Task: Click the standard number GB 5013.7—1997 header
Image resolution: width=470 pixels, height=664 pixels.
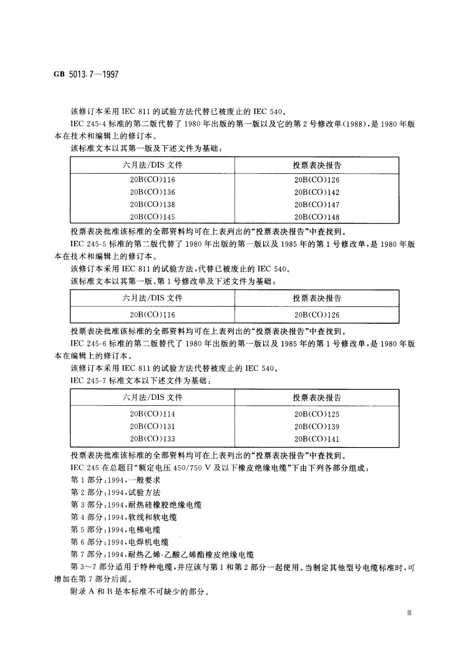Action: pyautogui.click(x=86, y=75)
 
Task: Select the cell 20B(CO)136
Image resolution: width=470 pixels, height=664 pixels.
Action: pyautogui.click(x=152, y=192)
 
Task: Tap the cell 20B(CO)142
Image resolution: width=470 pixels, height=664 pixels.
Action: pyautogui.click(x=316, y=192)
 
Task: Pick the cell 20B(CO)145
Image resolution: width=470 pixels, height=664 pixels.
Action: pyautogui.click(x=152, y=217)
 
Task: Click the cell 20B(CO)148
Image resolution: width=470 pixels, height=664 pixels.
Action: pyautogui.click(x=316, y=217)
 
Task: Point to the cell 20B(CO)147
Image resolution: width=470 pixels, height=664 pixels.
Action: pyautogui.click(x=316, y=205)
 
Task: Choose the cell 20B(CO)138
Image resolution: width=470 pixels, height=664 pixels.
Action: pyautogui.click(x=152, y=204)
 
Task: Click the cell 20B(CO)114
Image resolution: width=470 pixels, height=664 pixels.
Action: pyautogui.click(x=152, y=414)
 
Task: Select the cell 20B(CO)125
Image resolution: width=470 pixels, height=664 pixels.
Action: pyautogui.click(x=316, y=414)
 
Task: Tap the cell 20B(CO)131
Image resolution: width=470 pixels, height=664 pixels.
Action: pyautogui.click(x=152, y=426)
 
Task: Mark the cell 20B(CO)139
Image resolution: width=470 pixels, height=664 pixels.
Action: pyautogui.click(x=316, y=427)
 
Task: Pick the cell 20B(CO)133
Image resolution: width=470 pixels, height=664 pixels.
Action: pyautogui.click(x=152, y=439)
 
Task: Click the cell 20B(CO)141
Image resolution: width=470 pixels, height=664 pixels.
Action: pyautogui.click(x=316, y=439)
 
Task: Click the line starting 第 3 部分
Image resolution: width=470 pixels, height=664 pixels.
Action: pyautogui.click(x=136, y=505)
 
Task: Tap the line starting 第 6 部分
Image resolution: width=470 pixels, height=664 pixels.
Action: pyautogui.click(x=120, y=542)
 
